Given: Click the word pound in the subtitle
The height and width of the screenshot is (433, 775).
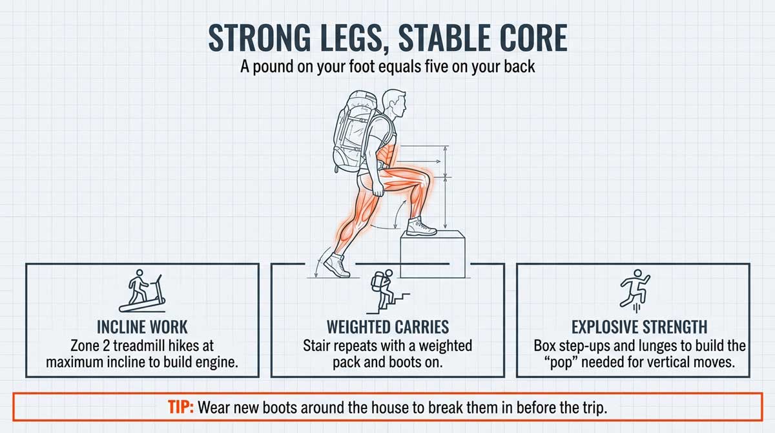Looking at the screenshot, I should (x=293, y=66).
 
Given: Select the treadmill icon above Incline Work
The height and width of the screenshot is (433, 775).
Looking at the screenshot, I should (x=141, y=291).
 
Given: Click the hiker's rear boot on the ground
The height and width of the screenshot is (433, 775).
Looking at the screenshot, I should (x=336, y=265).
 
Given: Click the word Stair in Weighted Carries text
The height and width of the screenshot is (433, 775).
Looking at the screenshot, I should (x=318, y=345).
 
